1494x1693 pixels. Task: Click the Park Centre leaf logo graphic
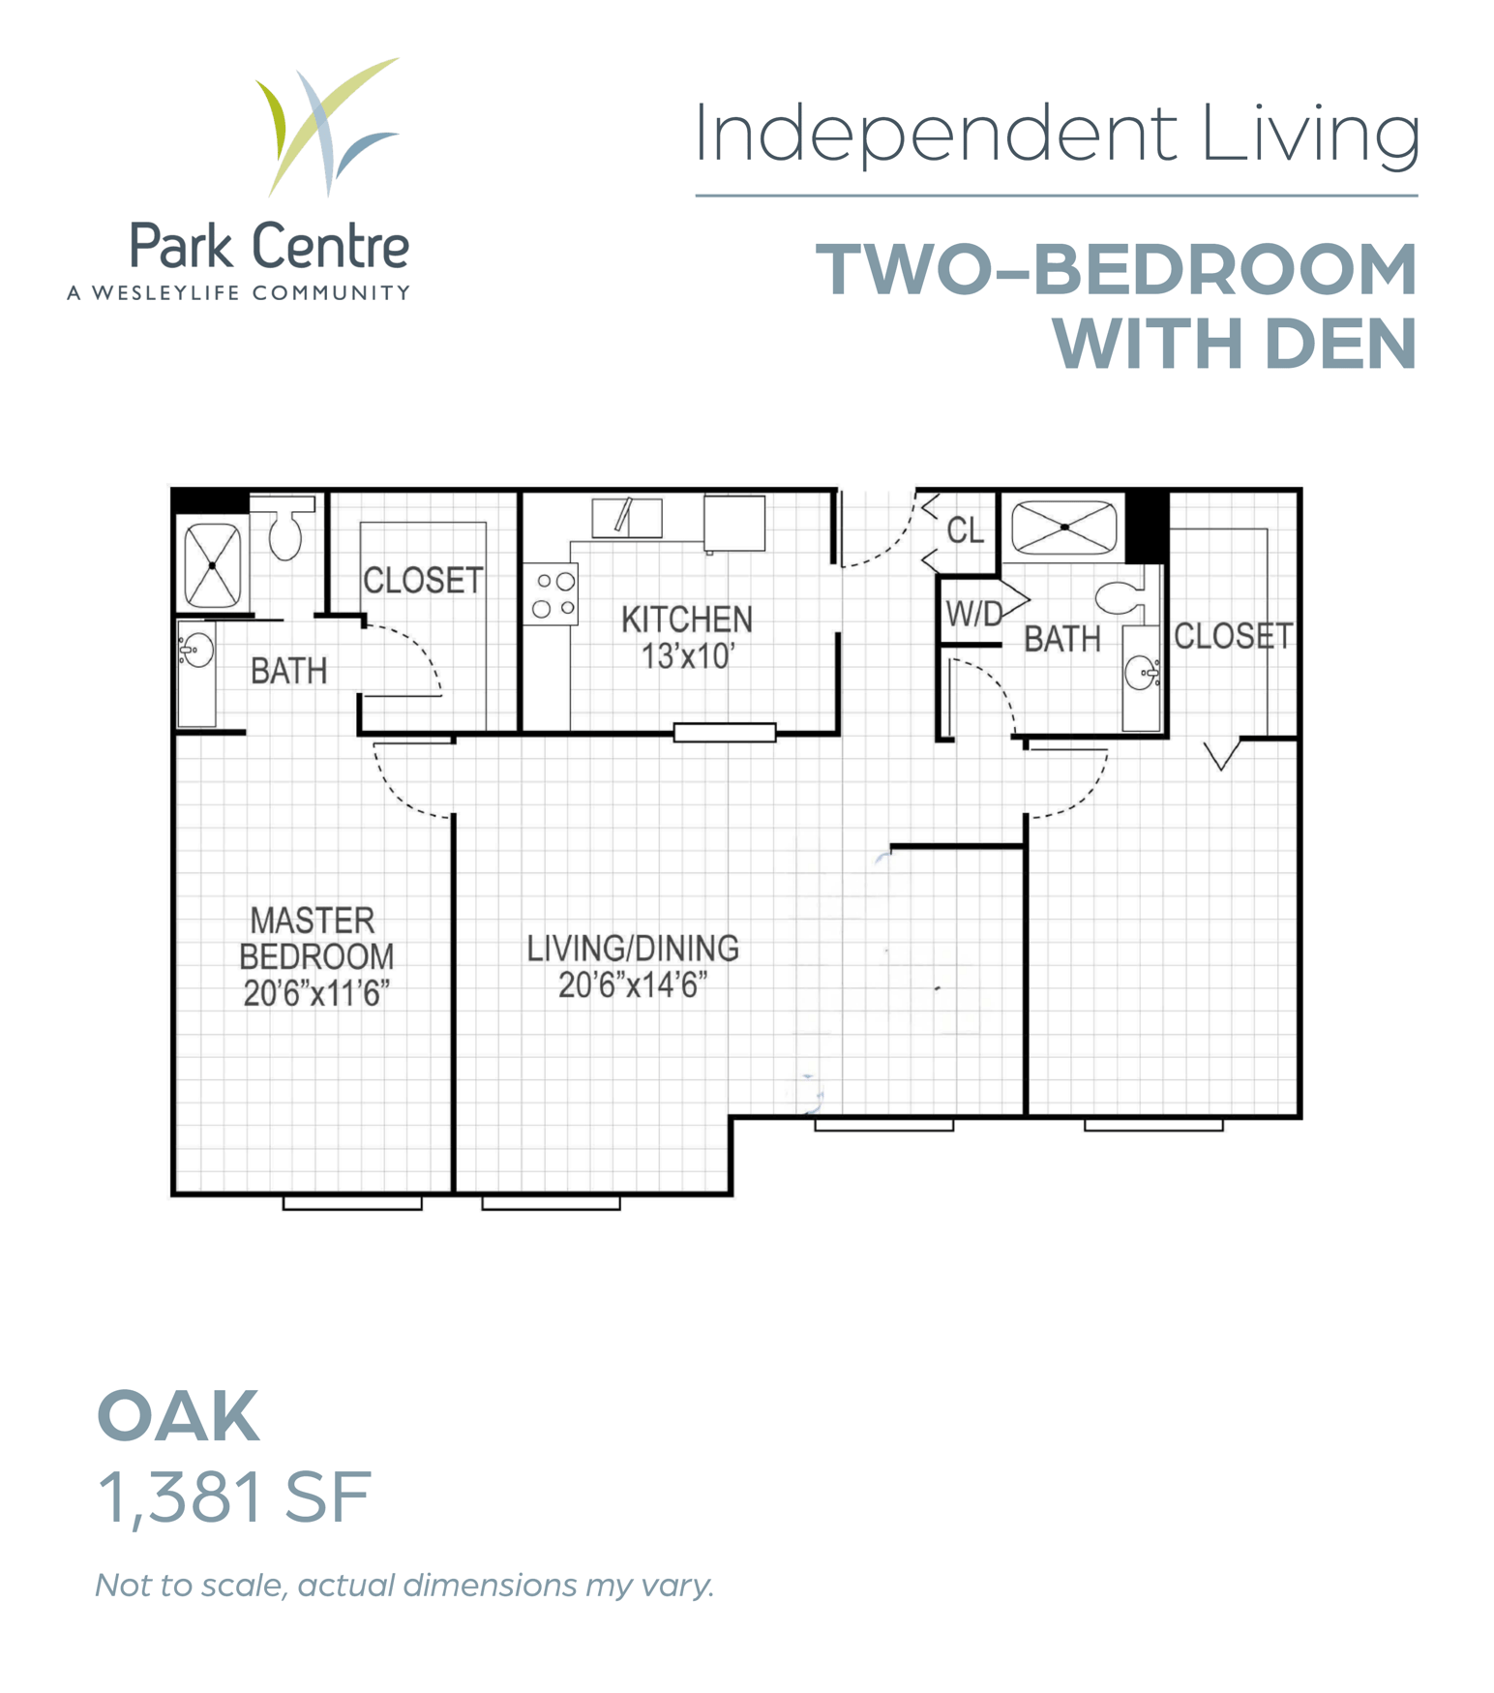coord(327,126)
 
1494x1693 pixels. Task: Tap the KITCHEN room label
coord(686,620)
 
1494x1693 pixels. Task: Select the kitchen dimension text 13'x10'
coord(688,656)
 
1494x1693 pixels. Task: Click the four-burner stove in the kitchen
coord(553,595)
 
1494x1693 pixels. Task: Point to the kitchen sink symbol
coord(627,518)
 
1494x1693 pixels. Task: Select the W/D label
coord(974,614)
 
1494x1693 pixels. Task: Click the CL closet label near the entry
coord(965,530)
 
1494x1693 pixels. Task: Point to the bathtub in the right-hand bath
coord(1063,528)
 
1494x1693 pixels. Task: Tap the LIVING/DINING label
coord(633,949)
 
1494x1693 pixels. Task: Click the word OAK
coord(179,1416)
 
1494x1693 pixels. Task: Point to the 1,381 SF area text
coord(234,1497)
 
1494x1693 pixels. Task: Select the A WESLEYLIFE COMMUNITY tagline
coord(239,292)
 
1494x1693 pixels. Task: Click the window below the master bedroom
coord(352,1203)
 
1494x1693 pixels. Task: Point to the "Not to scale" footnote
coord(404,1586)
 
